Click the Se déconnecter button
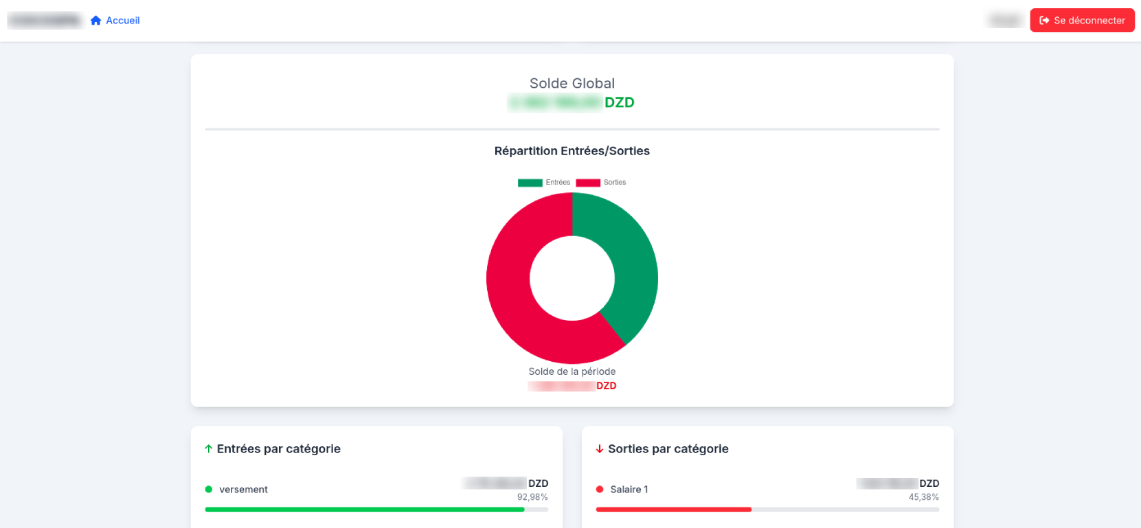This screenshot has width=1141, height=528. [x=1082, y=21]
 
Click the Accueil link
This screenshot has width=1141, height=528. [x=123, y=21]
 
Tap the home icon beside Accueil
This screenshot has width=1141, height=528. [x=96, y=21]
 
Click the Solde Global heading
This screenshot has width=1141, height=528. [x=572, y=83]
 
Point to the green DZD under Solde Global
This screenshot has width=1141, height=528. [x=619, y=102]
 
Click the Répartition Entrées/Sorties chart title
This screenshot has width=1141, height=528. [x=572, y=151]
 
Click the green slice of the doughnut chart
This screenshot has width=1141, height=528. [x=632, y=261]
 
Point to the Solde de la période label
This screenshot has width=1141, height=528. [x=572, y=371]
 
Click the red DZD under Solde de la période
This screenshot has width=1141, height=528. [x=606, y=386]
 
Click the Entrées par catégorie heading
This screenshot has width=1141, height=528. [x=278, y=449]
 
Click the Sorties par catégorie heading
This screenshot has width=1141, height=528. [x=668, y=449]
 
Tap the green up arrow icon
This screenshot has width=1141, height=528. [x=209, y=449]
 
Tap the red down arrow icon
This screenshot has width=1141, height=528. [x=600, y=449]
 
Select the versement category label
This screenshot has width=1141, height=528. [x=243, y=490]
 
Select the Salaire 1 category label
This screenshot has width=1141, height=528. [x=629, y=490]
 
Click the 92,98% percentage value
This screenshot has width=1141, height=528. [x=532, y=497]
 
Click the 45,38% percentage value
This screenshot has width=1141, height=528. [x=923, y=497]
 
